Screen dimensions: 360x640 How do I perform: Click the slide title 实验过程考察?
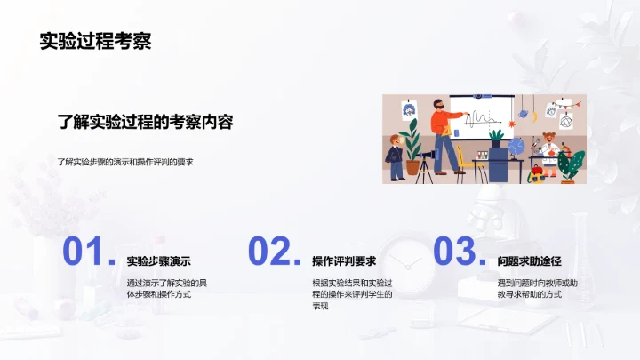click(x=94, y=40)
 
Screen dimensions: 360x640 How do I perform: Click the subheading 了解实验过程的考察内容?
click(x=145, y=122)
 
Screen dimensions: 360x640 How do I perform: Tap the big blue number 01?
click(x=86, y=252)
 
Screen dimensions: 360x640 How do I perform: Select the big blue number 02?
click(x=272, y=252)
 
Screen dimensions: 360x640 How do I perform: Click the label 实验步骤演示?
click(x=159, y=261)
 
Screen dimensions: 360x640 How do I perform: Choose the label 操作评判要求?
click(x=344, y=261)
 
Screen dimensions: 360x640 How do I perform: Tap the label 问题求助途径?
click(x=531, y=261)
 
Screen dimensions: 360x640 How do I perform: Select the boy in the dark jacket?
click(x=394, y=158)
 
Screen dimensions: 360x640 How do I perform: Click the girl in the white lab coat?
click(x=548, y=147)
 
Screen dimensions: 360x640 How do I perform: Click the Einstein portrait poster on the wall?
click(x=409, y=110)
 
